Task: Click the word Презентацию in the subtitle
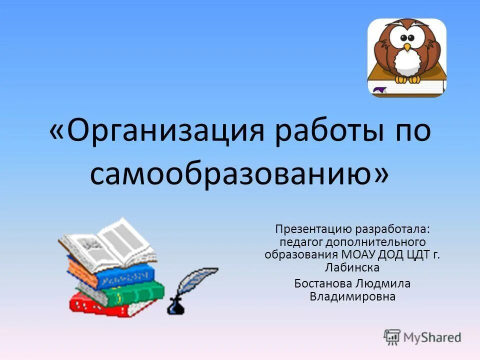pyautogui.click(x=312, y=230)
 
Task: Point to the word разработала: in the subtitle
pyautogui.click(x=393, y=230)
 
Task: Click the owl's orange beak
pyautogui.click(x=407, y=47)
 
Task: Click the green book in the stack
pyautogui.click(x=122, y=292)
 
